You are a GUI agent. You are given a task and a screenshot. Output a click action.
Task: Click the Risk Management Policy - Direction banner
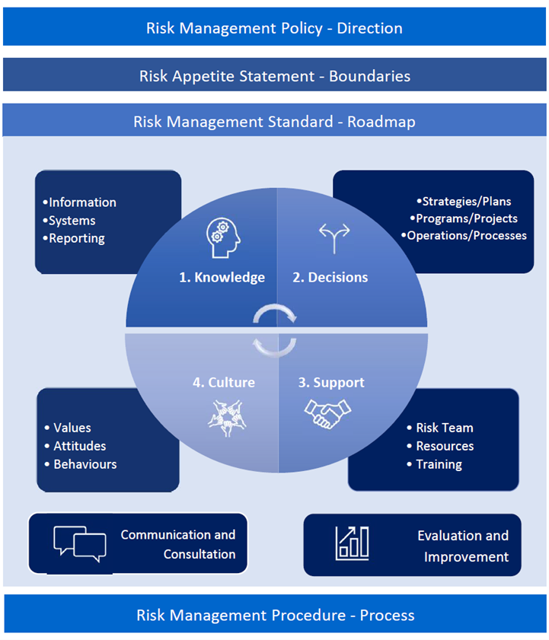(274, 28)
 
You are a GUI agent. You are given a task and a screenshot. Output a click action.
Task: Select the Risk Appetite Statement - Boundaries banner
(274, 76)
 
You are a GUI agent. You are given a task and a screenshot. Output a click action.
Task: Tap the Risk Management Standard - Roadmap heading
(274, 122)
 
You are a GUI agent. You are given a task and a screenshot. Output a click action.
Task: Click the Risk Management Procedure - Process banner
(274, 615)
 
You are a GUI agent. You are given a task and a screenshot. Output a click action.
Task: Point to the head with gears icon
(222, 237)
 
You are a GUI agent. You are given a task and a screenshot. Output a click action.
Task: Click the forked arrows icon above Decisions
(334, 238)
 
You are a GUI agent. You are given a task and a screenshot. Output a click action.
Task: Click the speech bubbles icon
(80, 544)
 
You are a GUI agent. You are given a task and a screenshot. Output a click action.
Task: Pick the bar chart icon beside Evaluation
(353, 543)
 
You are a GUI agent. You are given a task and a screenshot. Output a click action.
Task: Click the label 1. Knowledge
(222, 278)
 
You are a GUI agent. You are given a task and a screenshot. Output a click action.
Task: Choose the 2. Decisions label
(330, 278)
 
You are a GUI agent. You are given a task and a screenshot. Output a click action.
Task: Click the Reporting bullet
(76, 238)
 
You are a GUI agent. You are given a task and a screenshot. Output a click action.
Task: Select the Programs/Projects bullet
(466, 218)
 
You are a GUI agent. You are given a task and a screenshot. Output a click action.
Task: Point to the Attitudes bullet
(79, 446)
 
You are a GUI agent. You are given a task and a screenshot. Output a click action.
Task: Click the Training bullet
(439, 464)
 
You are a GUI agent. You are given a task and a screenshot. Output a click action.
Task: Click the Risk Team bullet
(444, 428)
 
